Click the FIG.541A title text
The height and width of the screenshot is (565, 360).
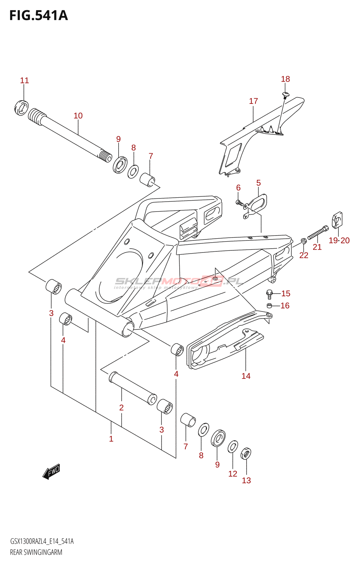(38, 16)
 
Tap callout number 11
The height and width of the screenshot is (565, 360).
(24, 81)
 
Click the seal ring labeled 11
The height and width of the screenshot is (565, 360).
(22, 108)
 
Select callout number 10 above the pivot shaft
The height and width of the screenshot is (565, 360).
(78, 116)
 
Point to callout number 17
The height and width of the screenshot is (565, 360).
(253, 101)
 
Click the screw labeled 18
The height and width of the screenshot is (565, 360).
(285, 94)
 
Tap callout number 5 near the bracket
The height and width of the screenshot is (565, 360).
(258, 183)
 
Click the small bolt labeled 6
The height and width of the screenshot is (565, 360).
(239, 203)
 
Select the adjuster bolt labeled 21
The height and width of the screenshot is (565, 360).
(318, 233)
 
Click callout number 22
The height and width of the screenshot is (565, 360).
(304, 255)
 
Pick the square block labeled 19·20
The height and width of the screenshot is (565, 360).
(337, 220)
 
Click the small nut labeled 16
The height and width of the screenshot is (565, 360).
(269, 305)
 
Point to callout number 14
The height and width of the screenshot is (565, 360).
(246, 376)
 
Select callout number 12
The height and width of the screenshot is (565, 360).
(233, 474)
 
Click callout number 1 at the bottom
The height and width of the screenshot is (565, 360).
(111, 439)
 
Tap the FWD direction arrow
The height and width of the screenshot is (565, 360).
(52, 472)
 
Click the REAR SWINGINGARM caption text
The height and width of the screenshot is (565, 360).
(36, 552)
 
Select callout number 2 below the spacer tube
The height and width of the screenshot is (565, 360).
(121, 408)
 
